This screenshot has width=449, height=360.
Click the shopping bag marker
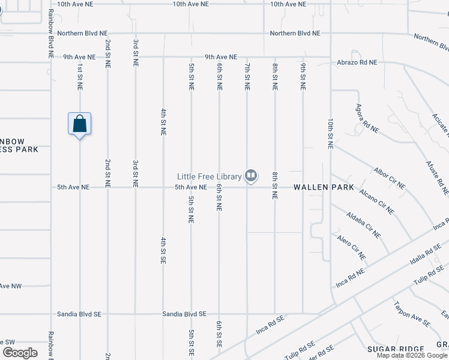[x=80, y=124]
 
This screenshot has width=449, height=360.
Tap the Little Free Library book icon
[x=251, y=176]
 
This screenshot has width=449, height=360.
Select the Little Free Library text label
[x=209, y=176]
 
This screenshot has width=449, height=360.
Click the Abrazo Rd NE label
[x=357, y=62]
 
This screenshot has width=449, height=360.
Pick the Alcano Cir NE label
[x=376, y=201]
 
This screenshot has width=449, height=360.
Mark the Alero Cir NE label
[x=351, y=247]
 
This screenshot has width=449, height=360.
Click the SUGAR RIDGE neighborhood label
[x=396, y=349]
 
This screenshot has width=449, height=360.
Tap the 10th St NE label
[x=330, y=133]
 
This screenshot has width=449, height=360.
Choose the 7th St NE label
[x=247, y=77]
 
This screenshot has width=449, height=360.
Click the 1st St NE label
[x=79, y=77]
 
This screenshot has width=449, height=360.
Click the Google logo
[x=20, y=352]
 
